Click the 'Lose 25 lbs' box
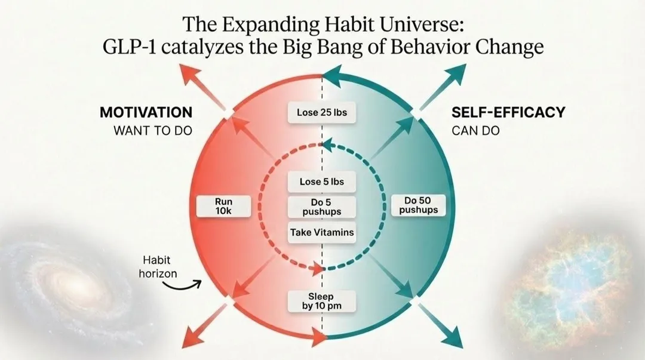(322, 112)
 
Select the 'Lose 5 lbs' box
(322, 181)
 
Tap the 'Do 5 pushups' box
(322, 207)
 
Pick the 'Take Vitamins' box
(322, 232)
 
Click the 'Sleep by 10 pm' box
(322, 301)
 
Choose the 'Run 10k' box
(223, 207)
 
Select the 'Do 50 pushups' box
(417, 205)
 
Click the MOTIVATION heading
(146, 112)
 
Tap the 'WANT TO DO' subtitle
(153, 130)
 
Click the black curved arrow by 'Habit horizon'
(182, 286)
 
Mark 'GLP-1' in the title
(124, 47)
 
